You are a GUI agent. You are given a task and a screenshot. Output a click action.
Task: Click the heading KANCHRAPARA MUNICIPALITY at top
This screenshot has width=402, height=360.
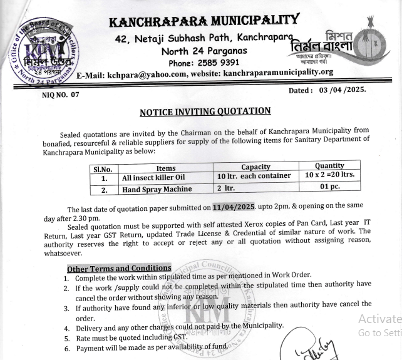point(204,22)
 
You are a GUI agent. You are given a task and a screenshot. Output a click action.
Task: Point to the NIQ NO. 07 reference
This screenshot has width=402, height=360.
point(61,95)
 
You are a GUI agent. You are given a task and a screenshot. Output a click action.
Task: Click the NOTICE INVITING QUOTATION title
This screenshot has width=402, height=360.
point(205,111)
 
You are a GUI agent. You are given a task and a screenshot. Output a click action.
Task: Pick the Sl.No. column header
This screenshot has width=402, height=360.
point(102,169)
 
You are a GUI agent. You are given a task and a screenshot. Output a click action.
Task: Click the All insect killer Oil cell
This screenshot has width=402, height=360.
point(153,178)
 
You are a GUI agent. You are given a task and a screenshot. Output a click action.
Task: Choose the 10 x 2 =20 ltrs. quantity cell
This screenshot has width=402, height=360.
point(329,175)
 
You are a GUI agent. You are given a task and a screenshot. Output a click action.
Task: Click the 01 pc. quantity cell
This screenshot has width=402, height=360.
point(329,186)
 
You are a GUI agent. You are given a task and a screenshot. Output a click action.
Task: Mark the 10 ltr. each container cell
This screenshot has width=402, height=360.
point(254,176)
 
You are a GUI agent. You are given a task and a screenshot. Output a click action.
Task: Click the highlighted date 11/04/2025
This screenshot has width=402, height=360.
point(234,207)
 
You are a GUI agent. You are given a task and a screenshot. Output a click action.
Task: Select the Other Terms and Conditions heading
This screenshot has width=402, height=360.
point(118,268)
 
